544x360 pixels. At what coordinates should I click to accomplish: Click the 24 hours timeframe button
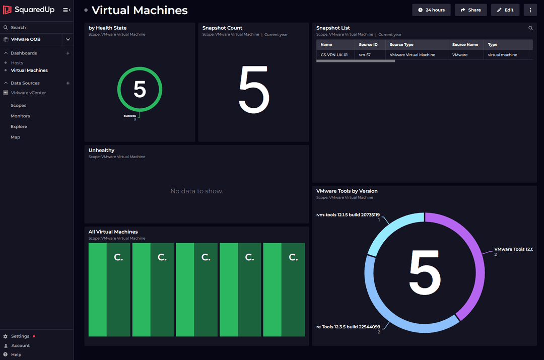(x=431, y=10)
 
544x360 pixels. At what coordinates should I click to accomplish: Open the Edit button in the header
(x=505, y=10)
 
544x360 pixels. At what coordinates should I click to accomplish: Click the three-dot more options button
(x=530, y=10)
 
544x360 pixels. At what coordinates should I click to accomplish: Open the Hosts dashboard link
(x=17, y=63)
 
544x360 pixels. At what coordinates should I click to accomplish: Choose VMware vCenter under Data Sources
(x=28, y=93)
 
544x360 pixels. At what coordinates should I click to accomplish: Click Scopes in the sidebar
(x=19, y=106)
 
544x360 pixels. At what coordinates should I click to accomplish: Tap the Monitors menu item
(x=20, y=116)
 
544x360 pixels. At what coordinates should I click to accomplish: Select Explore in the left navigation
(x=19, y=127)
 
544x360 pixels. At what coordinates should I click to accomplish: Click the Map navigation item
(x=16, y=137)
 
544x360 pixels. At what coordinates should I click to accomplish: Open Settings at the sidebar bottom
(x=20, y=336)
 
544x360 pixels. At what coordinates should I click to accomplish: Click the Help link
(x=16, y=355)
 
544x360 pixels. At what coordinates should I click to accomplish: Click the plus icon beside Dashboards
(x=68, y=53)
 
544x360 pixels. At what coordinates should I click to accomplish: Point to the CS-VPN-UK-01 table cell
(x=334, y=55)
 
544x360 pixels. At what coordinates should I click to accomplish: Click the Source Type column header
(x=401, y=45)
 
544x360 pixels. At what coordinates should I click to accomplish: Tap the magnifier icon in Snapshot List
(x=530, y=28)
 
